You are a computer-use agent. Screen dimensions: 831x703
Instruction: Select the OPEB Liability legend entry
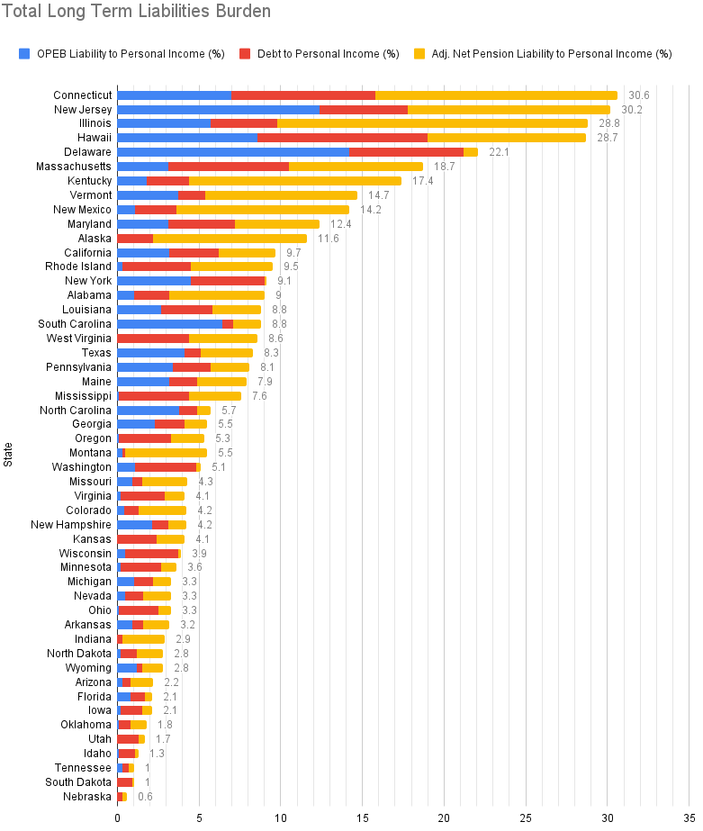click(122, 54)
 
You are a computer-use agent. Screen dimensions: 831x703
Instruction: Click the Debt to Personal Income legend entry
click(320, 54)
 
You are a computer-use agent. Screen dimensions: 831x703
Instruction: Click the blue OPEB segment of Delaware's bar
click(232, 152)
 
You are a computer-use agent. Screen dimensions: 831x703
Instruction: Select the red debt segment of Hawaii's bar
click(342, 138)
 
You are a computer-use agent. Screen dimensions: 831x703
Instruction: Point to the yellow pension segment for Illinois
click(432, 123)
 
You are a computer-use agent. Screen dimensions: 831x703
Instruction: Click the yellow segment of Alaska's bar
click(230, 238)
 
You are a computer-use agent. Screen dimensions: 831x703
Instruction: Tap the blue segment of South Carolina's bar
click(169, 324)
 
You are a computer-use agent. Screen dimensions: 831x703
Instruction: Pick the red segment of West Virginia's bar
click(154, 339)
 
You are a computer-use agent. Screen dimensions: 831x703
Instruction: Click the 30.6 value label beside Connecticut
click(639, 95)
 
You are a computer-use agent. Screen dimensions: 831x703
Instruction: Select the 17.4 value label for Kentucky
click(423, 181)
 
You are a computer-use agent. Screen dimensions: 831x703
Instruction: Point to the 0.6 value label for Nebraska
click(145, 797)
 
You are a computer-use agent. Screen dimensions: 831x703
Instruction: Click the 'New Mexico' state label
click(83, 210)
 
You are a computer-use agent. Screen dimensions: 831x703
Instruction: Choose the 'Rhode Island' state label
click(78, 266)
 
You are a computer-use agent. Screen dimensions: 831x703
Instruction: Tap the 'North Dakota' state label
click(79, 654)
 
